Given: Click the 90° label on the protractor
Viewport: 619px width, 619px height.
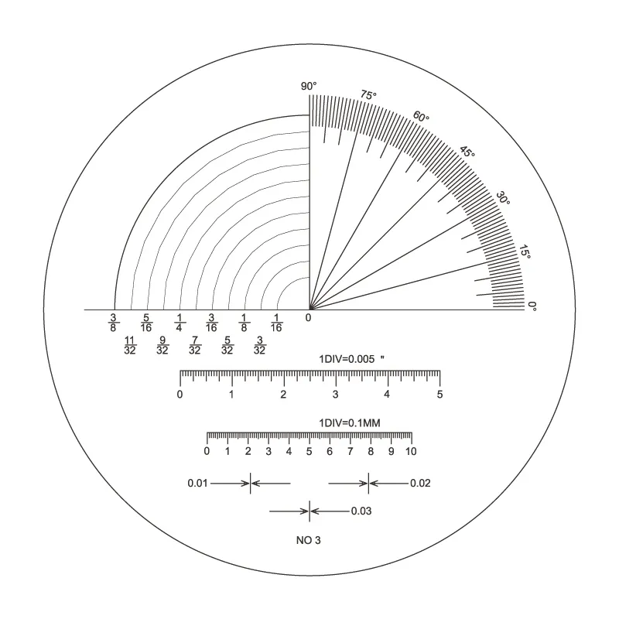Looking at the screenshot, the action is [x=309, y=86].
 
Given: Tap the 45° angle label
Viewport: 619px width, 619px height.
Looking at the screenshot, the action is [x=467, y=152].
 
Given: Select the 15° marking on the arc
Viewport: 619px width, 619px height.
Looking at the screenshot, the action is [x=525, y=252].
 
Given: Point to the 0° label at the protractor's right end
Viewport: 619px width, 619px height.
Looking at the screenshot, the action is [x=532, y=306].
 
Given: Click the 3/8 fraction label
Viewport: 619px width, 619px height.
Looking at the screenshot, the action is [x=113, y=323].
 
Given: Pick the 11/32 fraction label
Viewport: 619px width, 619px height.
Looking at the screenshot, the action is [x=130, y=345].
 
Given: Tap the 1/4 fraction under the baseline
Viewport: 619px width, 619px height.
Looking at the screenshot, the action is [x=180, y=323].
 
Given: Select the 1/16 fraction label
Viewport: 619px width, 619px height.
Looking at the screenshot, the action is [x=276, y=323].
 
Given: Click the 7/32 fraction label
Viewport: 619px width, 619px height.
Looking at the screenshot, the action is [x=195, y=345].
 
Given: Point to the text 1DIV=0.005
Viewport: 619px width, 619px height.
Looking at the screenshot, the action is [x=347, y=359].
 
